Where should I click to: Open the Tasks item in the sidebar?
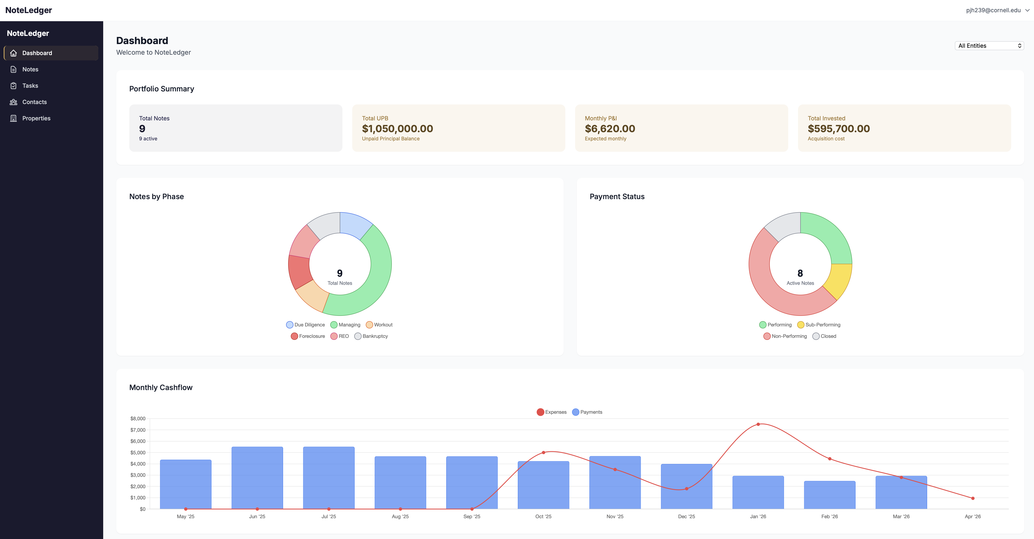(x=30, y=85)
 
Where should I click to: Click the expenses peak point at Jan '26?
(x=758, y=424)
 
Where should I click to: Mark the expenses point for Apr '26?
(x=973, y=498)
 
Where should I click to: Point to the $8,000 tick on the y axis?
(x=138, y=418)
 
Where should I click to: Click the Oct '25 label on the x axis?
(x=543, y=517)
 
